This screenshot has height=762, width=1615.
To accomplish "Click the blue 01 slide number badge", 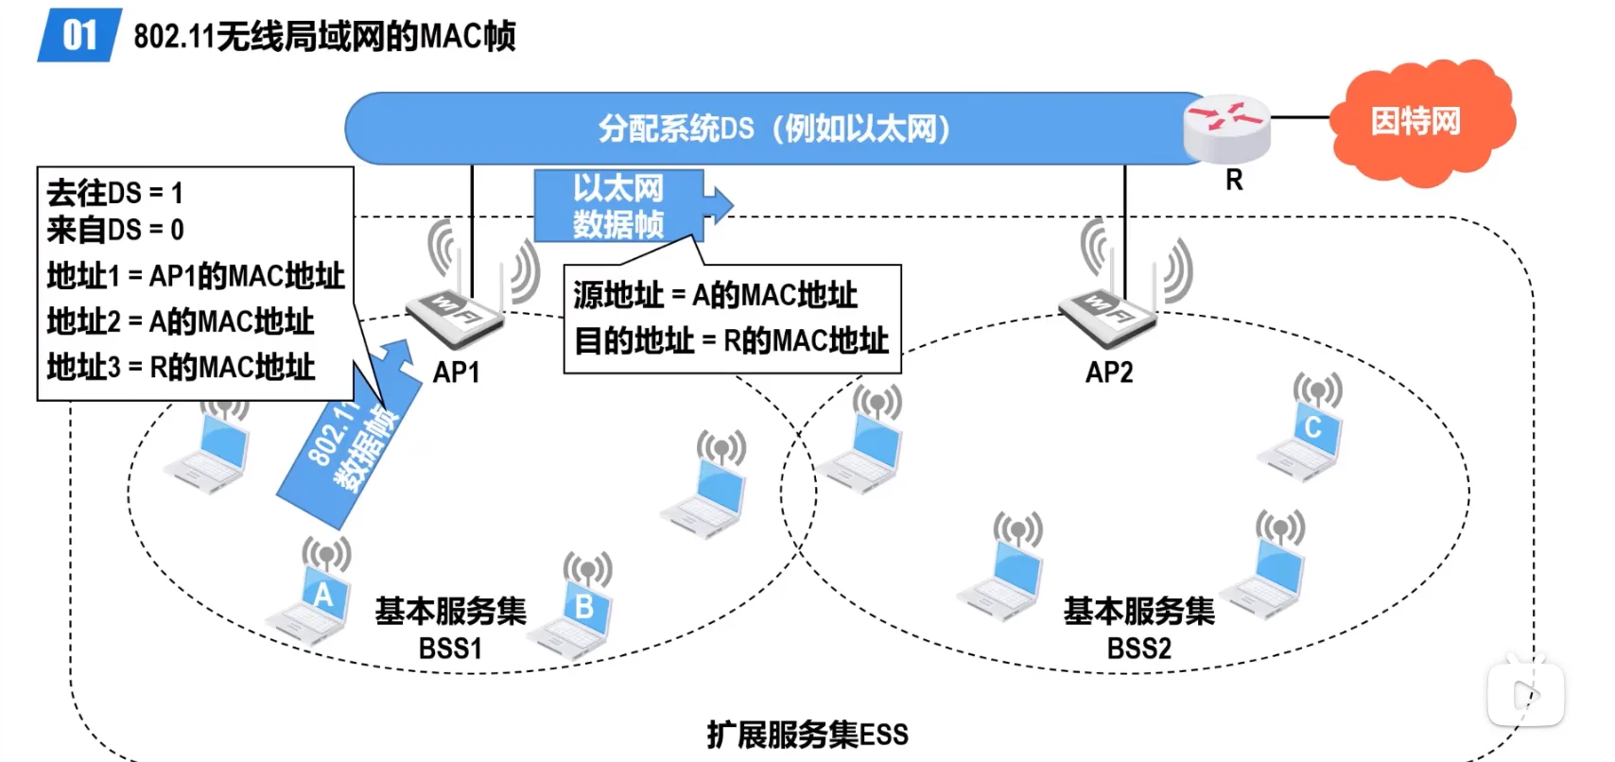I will point(79,36).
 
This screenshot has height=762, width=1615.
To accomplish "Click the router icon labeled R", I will point(1226,127).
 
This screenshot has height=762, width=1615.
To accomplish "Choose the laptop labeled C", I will point(1305,439).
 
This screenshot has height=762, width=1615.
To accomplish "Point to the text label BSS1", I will point(450,649).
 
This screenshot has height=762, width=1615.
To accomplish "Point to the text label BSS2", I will point(1138,649).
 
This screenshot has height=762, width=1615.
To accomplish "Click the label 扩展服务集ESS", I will point(807,735).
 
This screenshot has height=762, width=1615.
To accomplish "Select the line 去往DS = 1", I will point(114,193).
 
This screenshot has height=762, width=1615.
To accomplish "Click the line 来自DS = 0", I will point(115,230).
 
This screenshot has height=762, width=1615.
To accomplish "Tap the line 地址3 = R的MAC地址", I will point(181,367).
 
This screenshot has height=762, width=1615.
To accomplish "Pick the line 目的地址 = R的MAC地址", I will point(731,340).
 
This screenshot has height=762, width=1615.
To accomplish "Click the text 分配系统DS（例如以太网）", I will point(773,129).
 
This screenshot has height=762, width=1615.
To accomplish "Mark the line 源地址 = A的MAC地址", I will point(715,295).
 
